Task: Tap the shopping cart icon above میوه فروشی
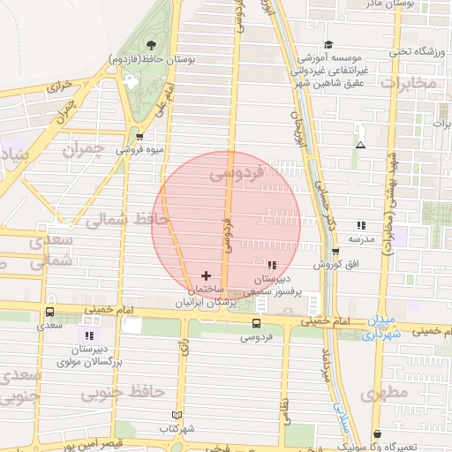[x=139, y=136]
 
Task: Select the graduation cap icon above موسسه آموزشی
[x=328, y=45]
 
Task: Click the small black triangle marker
[x=359, y=145]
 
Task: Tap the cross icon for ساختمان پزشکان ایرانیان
[x=206, y=275]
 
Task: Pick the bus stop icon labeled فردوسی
[x=256, y=323]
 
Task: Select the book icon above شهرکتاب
[x=177, y=415]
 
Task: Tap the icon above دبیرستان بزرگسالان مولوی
[x=88, y=335]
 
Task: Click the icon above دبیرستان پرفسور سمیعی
[x=271, y=265]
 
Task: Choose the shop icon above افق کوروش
[x=335, y=252]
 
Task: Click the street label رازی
[x=185, y=350]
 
